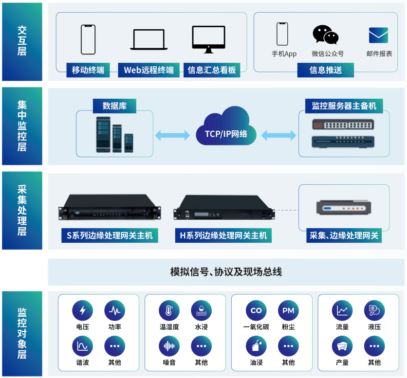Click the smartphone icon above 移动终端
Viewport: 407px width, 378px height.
(x=88, y=39)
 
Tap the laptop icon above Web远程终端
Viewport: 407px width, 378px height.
(x=148, y=39)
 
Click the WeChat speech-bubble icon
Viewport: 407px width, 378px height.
(x=325, y=35)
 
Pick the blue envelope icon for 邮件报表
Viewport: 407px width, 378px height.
(x=378, y=36)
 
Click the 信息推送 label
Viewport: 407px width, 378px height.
(x=326, y=70)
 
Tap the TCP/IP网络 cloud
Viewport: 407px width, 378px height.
(x=225, y=128)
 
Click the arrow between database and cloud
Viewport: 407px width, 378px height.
(x=172, y=134)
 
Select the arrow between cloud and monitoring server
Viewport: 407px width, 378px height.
(x=279, y=134)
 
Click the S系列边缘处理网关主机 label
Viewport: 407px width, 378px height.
(x=110, y=236)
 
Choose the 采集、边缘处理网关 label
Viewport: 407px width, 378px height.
(x=344, y=236)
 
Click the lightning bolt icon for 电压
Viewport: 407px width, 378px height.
(x=82, y=310)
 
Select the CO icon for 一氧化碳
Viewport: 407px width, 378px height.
(x=256, y=310)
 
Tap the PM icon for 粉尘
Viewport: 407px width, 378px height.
(x=288, y=310)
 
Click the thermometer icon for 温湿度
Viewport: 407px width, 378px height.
(x=169, y=310)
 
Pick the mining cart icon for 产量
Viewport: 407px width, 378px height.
(x=342, y=346)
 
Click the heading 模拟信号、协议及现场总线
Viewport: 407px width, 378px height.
(x=226, y=272)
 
